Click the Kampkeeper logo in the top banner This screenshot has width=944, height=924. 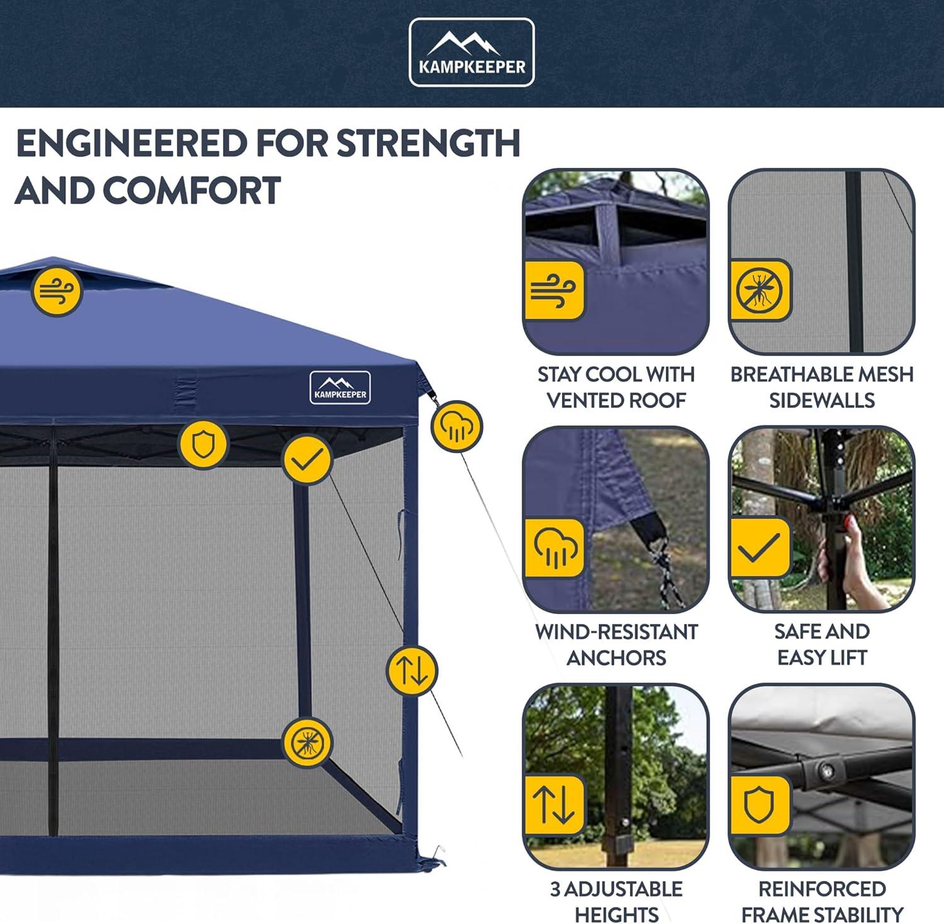471,52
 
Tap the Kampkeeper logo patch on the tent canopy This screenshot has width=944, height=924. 340,387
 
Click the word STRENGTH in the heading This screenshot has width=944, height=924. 429,143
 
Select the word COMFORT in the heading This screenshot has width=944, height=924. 191,190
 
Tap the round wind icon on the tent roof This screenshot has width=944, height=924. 57,291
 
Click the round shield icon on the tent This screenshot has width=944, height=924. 203,445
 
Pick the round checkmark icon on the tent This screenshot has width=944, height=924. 307,460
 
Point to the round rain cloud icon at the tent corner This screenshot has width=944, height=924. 456,426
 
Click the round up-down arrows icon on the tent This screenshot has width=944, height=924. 412,671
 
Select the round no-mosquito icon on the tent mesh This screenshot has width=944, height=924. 306,743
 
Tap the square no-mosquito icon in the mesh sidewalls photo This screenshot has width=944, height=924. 760,291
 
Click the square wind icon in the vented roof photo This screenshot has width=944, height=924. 554,291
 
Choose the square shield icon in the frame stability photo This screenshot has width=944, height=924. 759,805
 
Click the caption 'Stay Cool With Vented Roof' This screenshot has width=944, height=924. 616,387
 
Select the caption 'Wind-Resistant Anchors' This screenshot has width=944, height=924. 616,644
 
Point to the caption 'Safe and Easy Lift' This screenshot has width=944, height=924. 822,644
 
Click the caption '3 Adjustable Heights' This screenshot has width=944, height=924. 616,901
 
